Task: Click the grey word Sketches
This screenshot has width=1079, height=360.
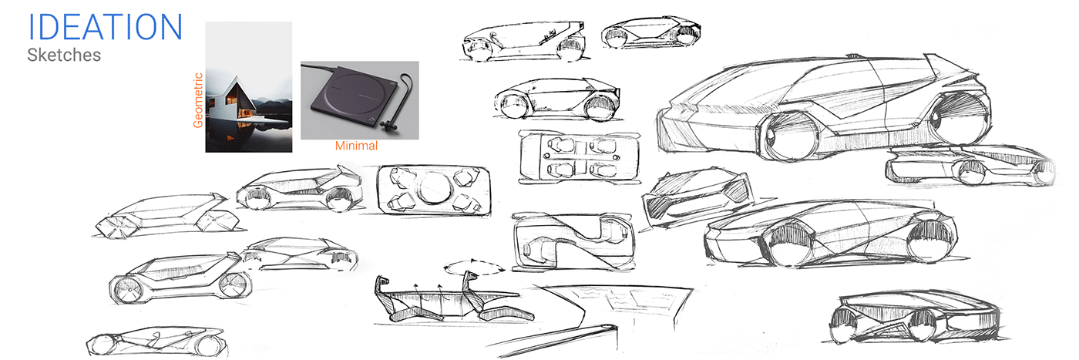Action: click(63, 56)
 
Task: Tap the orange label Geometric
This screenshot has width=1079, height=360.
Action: click(198, 100)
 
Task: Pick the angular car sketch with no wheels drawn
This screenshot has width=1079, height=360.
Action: click(162, 214)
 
